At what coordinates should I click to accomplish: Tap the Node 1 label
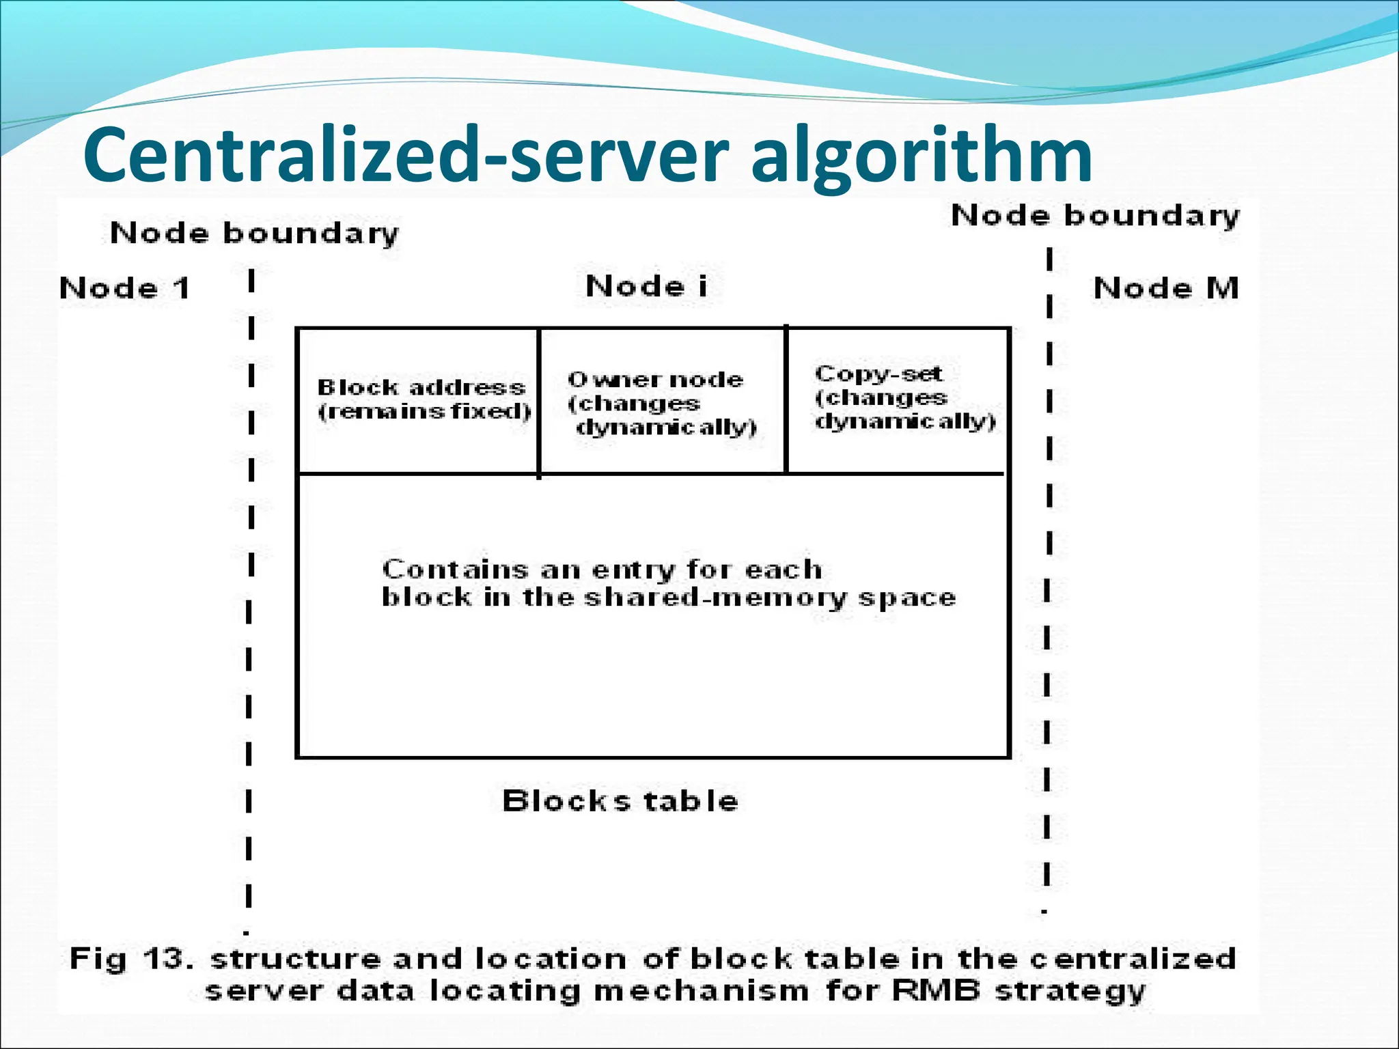click(x=124, y=288)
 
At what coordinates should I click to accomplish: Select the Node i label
click(x=646, y=286)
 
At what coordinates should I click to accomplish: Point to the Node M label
click(x=1165, y=288)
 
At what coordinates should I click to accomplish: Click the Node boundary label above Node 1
click(x=254, y=234)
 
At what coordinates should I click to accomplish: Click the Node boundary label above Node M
click(x=1094, y=216)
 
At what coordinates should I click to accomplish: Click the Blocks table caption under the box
click(x=620, y=801)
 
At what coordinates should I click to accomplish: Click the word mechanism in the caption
click(x=701, y=990)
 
